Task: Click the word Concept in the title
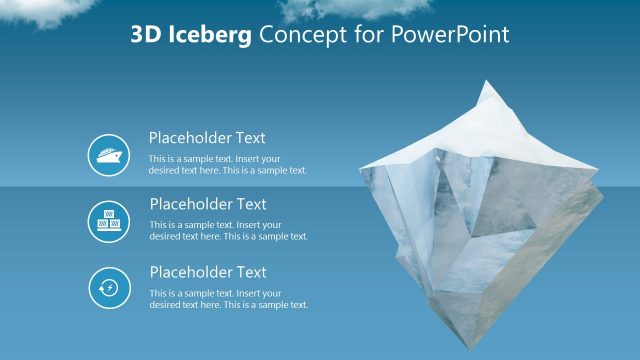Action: pyautogui.click(x=296, y=35)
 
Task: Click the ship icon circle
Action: pyautogui.click(x=108, y=155)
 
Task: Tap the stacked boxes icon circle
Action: pyautogui.click(x=108, y=222)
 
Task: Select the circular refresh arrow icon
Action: pyautogui.click(x=108, y=289)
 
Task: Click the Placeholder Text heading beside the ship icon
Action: pyautogui.click(x=207, y=138)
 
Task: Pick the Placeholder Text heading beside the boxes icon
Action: pyautogui.click(x=207, y=204)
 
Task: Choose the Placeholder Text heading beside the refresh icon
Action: pyautogui.click(x=207, y=272)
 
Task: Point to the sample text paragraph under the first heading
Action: pyautogui.click(x=228, y=164)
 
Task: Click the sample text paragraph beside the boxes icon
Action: pyautogui.click(x=228, y=231)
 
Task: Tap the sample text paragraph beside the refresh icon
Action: pyautogui.click(x=228, y=299)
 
